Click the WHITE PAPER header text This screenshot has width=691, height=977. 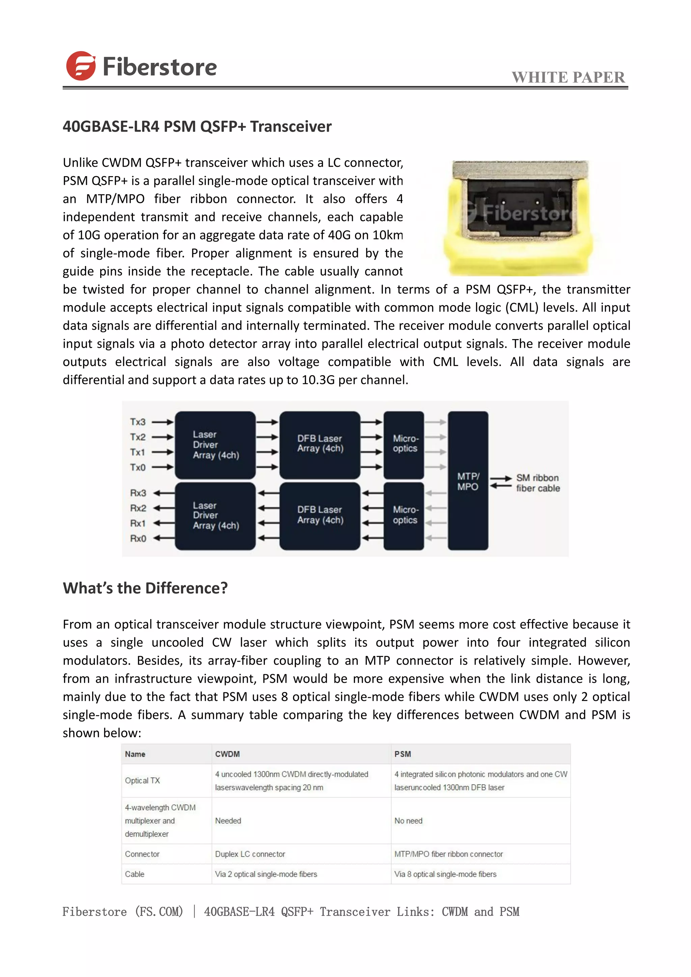coord(568,78)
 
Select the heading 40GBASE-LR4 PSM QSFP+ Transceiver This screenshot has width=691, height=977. coord(197,127)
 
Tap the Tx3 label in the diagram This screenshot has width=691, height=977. coord(137,422)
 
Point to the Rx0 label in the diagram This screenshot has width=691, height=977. coord(138,538)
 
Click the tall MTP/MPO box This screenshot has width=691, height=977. coord(468,481)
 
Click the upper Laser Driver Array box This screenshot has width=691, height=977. coord(215,445)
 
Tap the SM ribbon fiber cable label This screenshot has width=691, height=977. coord(538,483)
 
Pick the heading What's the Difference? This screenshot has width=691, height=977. coord(145,588)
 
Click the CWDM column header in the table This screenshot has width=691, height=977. coord(227,754)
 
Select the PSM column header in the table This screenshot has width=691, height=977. coord(403,754)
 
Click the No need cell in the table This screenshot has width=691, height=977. coord(408,821)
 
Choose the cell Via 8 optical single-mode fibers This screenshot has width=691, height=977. coord(445,874)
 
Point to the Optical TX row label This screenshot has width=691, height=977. coord(142,780)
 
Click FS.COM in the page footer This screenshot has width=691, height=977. coord(159,912)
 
